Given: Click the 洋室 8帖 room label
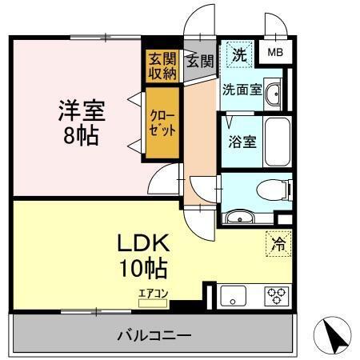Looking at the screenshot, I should click(81, 121).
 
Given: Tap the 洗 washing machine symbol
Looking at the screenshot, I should click(238, 55).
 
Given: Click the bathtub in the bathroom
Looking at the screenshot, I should click(276, 142).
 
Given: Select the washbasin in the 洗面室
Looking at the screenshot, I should click(274, 93).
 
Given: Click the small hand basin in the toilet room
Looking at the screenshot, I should click(238, 217).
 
